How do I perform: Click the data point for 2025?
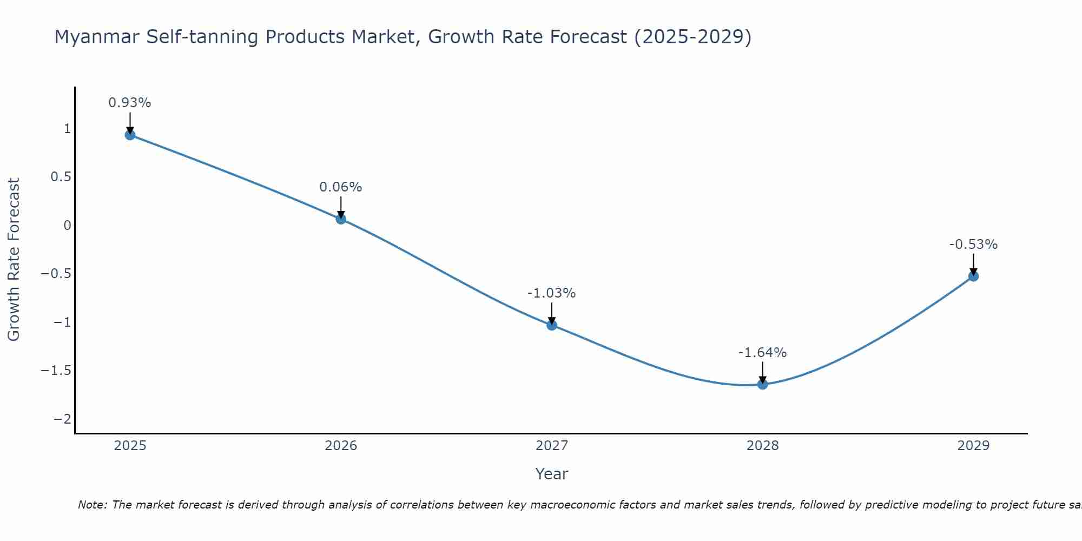[x=130, y=135]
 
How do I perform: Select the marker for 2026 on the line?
[x=341, y=219]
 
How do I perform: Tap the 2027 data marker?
[x=552, y=325]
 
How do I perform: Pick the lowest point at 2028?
[x=763, y=385]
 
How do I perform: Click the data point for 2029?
[x=973, y=276]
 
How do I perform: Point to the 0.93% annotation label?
[x=130, y=103]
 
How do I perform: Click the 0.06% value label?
[x=341, y=187]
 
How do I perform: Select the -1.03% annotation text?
[x=552, y=293]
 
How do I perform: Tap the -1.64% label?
[x=763, y=353]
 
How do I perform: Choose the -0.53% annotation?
[x=973, y=245]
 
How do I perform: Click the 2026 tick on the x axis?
[x=341, y=446]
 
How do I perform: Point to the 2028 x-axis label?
[x=763, y=446]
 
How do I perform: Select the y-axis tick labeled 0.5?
[x=61, y=177]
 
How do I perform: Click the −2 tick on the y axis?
[x=62, y=419]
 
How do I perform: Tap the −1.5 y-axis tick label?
[x=56, y=371]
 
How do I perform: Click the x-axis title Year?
[x=552, y=474]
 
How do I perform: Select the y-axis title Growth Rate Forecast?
[x=14, y=260]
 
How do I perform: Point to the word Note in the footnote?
[x=92, y=505]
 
